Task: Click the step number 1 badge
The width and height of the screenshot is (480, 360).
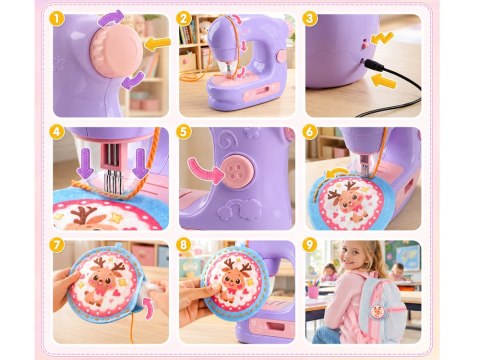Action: [x=57, y=19]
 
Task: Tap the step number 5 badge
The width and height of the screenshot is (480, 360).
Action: [x=183, y=132]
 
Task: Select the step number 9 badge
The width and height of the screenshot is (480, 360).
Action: [x=310, y=245]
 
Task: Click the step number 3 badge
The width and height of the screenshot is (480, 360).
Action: [x=310, y=19]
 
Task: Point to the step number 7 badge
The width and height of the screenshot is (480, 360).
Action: [x=57, y=245]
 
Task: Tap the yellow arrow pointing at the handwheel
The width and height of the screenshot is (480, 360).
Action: [x=158, y=44]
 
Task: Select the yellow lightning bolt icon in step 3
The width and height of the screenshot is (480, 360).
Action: [x=382, y=38]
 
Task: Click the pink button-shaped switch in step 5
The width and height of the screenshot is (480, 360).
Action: [x=237, y=170]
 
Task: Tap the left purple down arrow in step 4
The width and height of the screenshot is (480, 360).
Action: [x=85, y=163]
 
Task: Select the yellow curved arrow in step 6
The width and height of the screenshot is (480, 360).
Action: [x=336, y=173]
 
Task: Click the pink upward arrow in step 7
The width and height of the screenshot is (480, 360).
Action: [x=149, y=309]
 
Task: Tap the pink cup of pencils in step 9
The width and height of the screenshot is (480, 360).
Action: [x=313, y=291]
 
